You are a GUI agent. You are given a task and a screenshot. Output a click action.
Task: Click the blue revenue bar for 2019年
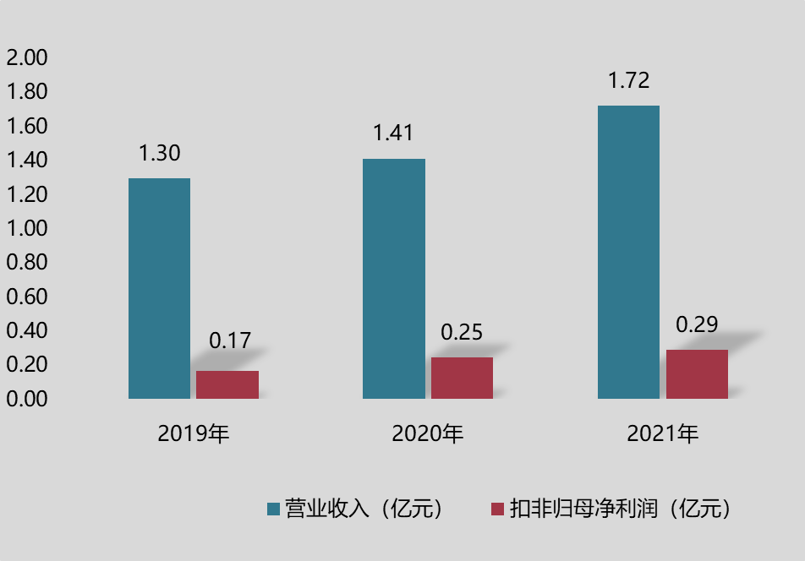point(159,288)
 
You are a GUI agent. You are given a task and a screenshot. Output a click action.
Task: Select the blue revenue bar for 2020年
point(394,279)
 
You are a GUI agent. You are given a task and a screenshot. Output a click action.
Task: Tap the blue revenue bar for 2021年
point(628,252)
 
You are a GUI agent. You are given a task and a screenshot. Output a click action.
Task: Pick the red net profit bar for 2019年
point(227,384)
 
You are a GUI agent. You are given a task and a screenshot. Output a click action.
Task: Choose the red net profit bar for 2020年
point(462,378)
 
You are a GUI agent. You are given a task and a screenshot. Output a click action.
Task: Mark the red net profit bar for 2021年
point(697,374)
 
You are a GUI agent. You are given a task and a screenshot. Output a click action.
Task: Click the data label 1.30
point(159,153)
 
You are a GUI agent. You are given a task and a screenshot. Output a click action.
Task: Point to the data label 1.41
point(394,133)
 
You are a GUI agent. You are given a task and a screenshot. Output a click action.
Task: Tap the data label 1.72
point(628,81)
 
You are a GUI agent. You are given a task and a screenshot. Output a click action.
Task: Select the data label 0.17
point(230,340)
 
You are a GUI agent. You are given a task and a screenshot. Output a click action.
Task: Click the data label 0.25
point(462,332)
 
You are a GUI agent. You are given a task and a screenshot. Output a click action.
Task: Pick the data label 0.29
point(697,324)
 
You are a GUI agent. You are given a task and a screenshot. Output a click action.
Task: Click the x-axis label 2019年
point(194,434)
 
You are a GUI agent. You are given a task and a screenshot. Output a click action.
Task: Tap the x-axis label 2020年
point(428,434)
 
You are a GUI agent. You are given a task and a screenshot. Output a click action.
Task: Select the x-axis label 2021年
point(663,434)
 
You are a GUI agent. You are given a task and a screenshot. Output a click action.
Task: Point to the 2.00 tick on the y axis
point(27,58)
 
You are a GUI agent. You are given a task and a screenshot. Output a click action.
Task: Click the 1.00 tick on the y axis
point(27,228)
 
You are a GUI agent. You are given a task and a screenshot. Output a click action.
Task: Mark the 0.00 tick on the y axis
point(27,399)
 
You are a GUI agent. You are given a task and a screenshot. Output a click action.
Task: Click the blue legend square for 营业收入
point(273,509)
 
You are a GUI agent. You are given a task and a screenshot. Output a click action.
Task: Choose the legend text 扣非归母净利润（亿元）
point(621,509)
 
